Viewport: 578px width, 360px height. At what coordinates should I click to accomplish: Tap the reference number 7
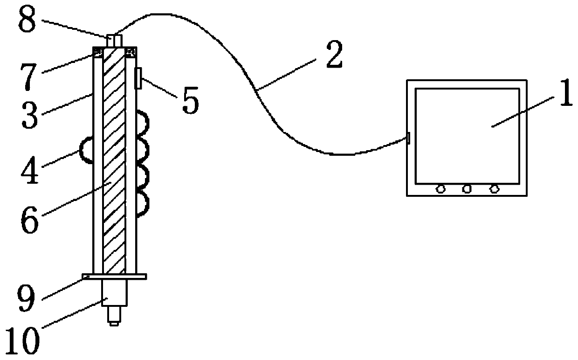(x=30, y=77)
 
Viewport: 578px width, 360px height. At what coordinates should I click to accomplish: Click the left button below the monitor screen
(x=440, y=189)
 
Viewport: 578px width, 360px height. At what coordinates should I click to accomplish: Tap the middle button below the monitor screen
(x=467, y=189)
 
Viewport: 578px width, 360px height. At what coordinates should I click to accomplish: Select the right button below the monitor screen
(x=495, y=189)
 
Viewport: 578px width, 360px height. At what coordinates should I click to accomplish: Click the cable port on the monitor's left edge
(x=408, y=138)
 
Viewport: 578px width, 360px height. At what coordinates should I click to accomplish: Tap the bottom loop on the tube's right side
(x=143, y=204)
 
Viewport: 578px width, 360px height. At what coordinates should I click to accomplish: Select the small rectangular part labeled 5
(x=138, y=77)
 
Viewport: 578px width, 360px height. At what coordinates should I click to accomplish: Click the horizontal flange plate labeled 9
(x=114, y=277)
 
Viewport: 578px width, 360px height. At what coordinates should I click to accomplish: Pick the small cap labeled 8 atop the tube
(x=115, y=40)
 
